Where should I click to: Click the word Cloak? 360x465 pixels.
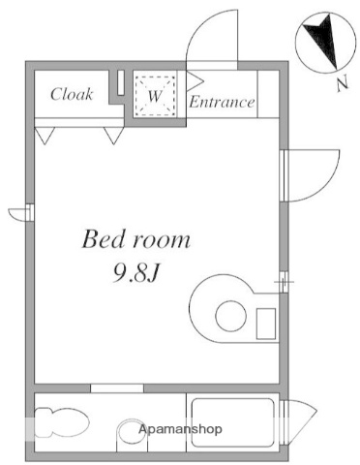tap(72, 95)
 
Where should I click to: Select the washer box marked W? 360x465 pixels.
tap(155, 95)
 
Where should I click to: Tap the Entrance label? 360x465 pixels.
tap(222, 102)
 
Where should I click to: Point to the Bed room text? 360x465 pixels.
tap(135, 239)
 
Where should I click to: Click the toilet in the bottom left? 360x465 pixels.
tap(60, 422)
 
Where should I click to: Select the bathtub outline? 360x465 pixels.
tap(232, 422)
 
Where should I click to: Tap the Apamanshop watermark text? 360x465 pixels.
tap(181, 428)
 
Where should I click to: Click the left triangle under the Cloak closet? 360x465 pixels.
tap(45, 137)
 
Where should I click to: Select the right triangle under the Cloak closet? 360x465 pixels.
tap(113, 137)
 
